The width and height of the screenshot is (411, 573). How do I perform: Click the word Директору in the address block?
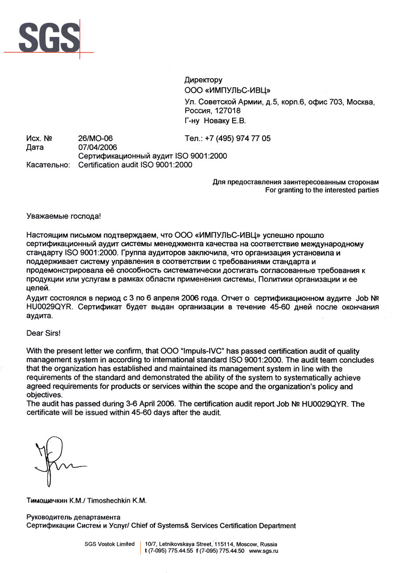pyautogui.click(x=203, y=79)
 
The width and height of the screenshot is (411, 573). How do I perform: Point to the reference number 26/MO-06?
pyautogui.click(x=95, y=138)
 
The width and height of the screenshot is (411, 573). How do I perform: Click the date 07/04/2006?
pyautogui.click(x=98, y=147)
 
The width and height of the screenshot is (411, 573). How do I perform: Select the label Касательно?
pyautogui.click(x=48, y=165)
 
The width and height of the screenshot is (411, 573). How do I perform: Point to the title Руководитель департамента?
pyautogui.click(x=73, y=517)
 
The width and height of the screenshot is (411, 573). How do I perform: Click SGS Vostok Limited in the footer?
pyautogui.click(x=110, y=544)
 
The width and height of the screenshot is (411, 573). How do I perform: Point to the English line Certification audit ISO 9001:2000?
pyautogui.click(x=135, y=165)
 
